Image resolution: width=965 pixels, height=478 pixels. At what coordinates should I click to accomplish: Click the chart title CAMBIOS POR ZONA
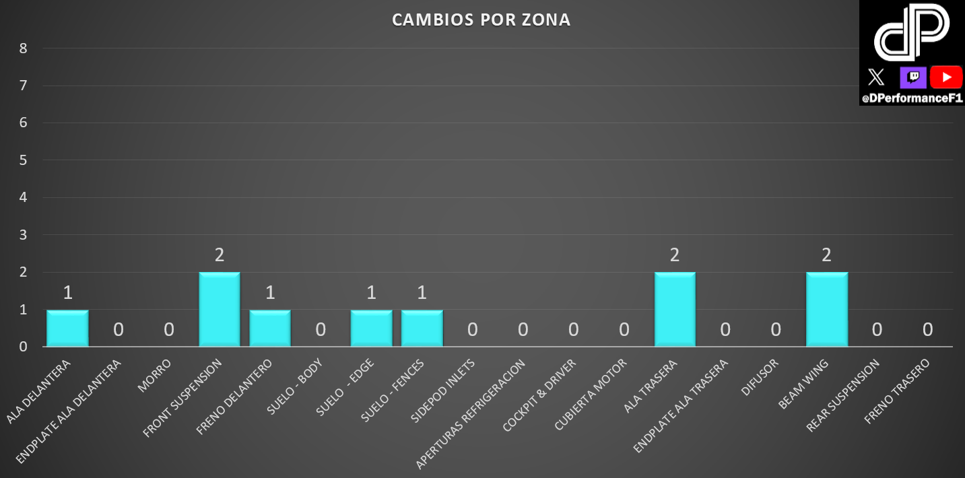coord(481,20)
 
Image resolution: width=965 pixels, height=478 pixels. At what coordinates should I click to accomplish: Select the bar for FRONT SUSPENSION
coord(220,309)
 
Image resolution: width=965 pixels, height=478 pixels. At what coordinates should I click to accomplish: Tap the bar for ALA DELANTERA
coord(67,328)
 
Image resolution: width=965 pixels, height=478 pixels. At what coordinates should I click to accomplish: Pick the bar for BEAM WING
coord(826,309)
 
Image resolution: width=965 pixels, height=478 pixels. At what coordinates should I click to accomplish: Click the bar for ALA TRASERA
coord(675,309)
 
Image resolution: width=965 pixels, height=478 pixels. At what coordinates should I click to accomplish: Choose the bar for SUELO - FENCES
coord(422,328)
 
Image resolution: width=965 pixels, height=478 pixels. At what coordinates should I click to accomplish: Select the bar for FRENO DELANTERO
coord(270,328)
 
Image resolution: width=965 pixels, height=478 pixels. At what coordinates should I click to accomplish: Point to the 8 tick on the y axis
coord(23,48)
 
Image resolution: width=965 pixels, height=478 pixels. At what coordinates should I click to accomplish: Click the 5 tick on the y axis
coord(23,160)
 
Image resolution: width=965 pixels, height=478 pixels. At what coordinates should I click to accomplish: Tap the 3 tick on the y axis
coord(23,235)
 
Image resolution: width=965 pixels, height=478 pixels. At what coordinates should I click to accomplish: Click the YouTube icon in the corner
coord(946,77)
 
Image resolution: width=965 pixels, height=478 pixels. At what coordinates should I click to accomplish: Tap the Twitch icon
coord(913,77)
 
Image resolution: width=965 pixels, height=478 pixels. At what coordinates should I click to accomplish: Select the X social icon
coord(876,77)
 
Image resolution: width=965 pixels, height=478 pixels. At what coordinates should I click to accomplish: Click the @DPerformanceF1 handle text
coord(912,98)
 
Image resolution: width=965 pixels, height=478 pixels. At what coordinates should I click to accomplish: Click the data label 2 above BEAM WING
coord(826,255)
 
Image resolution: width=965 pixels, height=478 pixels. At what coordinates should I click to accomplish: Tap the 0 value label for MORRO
coord(169,329)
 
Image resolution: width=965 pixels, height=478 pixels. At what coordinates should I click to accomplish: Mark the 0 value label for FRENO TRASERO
coord(927,329)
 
